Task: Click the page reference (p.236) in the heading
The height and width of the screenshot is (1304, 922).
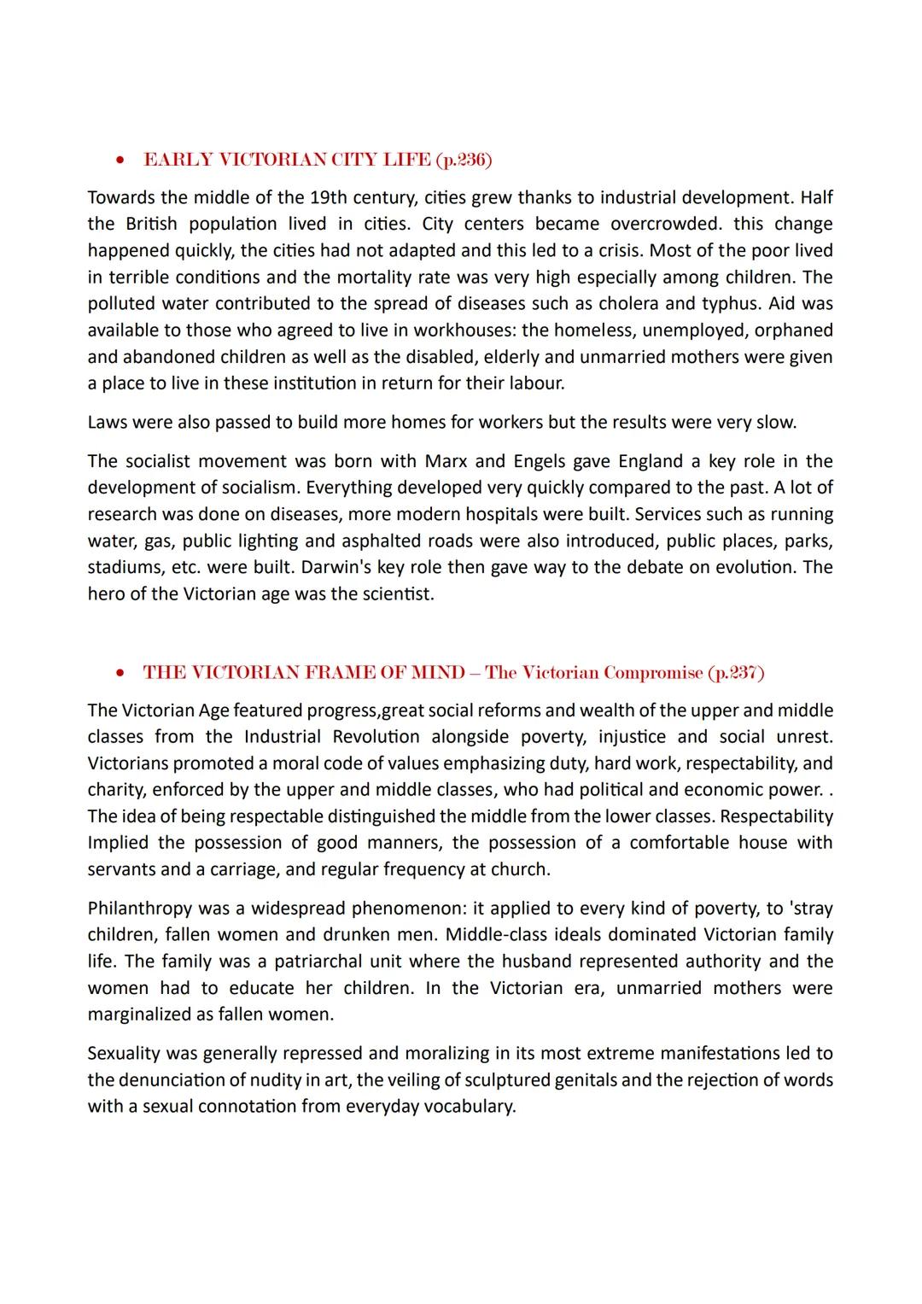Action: click(464, 160)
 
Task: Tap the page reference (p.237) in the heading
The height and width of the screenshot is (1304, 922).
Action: click(736, 672)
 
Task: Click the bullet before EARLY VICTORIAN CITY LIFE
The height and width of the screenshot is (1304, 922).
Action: click(123, 161)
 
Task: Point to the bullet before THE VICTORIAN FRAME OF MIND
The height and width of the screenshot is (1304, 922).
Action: click(123, 673)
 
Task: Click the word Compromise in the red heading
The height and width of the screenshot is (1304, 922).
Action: click(652, 672)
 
